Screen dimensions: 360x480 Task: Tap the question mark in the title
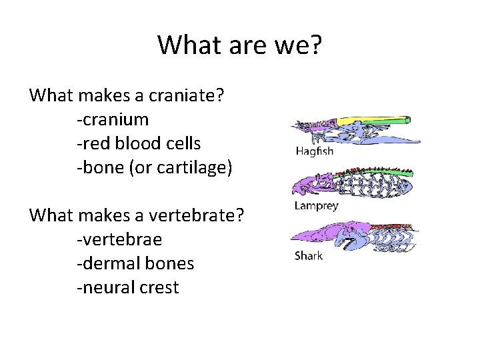pos(315,45)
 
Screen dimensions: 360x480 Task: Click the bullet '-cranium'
pos(113,120)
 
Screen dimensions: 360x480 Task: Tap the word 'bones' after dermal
pos(172,264)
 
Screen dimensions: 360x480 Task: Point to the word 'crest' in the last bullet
pos(161,288)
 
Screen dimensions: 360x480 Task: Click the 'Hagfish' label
pos(314,151)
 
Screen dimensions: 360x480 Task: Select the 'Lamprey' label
pos(316,206)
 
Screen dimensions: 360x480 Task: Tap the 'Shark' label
pos(309,256)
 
